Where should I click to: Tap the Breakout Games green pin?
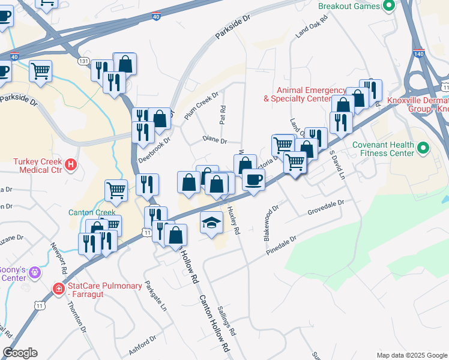[x=388, y=6]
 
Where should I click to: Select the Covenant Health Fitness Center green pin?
[x=423, y=148]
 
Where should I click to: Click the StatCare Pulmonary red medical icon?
[x=59, y=289]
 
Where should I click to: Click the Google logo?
[x=20, y=353]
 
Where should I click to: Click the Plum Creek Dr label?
[x=202, y=105]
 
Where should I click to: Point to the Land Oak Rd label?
[x=310, y=28]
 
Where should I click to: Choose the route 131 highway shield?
[x=83, y=61]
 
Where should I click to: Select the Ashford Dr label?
[x=142, y=344]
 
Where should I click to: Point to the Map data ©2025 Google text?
[x=411, y=355]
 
